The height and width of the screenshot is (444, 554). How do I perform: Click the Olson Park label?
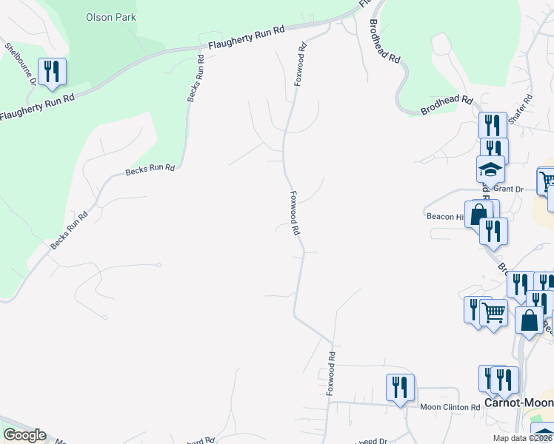[111, 16]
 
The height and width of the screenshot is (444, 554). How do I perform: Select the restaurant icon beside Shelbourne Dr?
[52, 71]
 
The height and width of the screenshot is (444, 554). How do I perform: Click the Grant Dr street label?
[508, 189]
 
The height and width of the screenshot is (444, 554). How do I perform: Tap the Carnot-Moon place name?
[518, 403]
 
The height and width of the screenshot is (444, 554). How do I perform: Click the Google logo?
[24, 435]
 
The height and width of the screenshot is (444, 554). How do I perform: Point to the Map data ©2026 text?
[523, 438]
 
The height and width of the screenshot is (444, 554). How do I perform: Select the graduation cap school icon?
[490, 169]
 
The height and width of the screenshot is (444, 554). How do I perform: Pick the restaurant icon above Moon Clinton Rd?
[399, 387]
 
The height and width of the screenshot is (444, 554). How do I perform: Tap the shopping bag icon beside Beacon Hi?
[479, 213]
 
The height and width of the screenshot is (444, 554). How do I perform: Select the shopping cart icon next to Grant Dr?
[548, 181]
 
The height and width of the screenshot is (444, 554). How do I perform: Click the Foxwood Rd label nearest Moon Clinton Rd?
[332, 373]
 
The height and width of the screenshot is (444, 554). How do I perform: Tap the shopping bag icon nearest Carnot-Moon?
[529, 321]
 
